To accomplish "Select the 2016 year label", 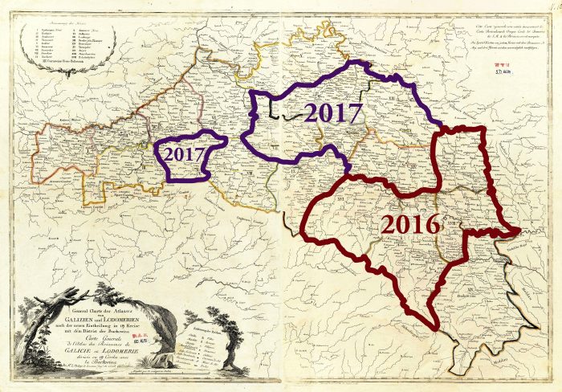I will pos(410,225).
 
